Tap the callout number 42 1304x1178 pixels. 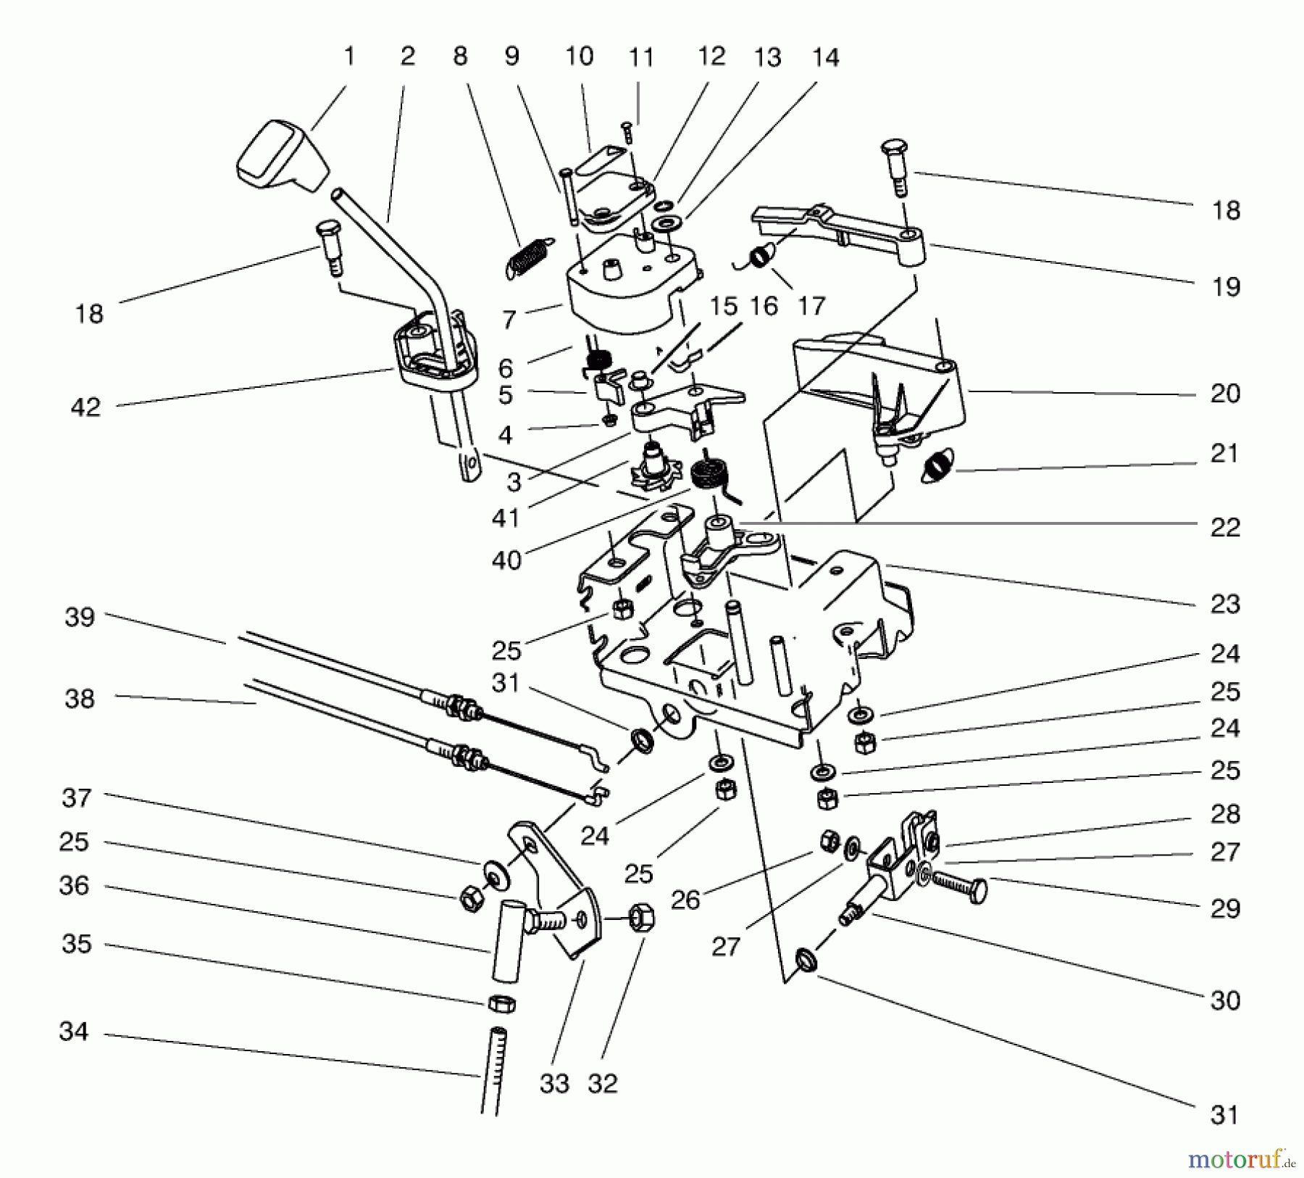(x=85, y=407)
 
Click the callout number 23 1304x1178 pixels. (x=1225, y=603)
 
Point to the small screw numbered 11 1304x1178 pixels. (x=627, y=132)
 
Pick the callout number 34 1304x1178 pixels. (x=74, y=1032)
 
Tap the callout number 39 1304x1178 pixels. (x=80, y=618)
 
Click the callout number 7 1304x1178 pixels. (x=509, y=319)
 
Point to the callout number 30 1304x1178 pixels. (x=1225, y=1000)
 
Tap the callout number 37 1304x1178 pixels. (x=76, y=798)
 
